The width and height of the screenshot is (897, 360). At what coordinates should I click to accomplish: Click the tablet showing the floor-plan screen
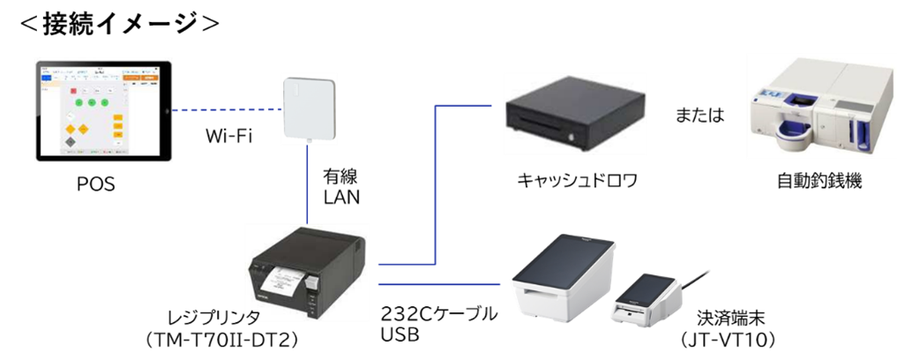(x=103, y=110)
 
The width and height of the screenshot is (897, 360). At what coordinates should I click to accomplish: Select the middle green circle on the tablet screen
(x=91, y=103)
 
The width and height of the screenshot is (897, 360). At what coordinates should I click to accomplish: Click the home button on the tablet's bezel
(x=167, y=110)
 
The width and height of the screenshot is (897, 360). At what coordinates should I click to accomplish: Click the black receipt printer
(x=308, y=268)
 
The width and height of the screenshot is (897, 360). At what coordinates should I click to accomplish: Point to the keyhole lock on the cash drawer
(x=574, y=137)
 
